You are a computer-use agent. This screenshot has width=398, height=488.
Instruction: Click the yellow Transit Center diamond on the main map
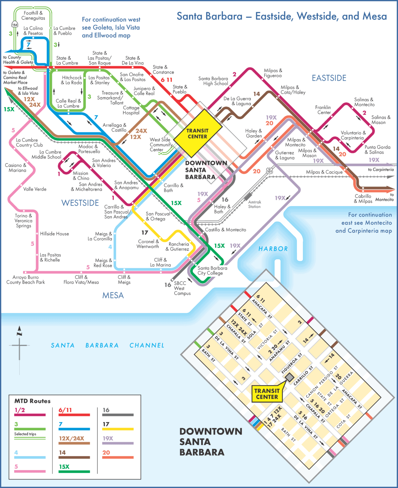coord(198,134)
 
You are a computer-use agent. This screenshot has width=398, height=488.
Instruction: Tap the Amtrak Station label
coord(255,204)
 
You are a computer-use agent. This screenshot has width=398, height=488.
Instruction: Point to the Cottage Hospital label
coord(131,110)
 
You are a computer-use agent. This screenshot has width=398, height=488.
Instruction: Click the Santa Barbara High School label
coord(213,81)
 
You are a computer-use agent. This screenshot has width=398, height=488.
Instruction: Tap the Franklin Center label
coord(324,110)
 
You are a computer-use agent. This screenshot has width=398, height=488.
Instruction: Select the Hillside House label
coord(54,234)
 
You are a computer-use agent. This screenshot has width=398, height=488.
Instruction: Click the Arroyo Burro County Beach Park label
coord(26,280)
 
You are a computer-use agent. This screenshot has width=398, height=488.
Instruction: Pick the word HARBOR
coord(273,249)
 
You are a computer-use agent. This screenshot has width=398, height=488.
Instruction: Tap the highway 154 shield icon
coord(15,25)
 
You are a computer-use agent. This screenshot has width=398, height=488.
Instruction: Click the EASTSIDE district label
coord(329,78)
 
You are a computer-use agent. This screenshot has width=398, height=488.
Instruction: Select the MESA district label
coord(113,296)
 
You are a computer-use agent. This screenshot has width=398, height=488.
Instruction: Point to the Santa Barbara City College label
coord(212,270)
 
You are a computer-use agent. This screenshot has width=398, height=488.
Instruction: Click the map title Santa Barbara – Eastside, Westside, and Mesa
coord(282,16)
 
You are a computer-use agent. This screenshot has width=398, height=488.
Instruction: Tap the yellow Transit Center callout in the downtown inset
coord(267,394)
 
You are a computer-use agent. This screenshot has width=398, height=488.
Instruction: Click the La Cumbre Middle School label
coord(46,155)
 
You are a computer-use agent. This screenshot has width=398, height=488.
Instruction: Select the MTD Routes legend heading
coord(32,401)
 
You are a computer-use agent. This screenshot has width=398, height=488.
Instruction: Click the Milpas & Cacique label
coord(324,172)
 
